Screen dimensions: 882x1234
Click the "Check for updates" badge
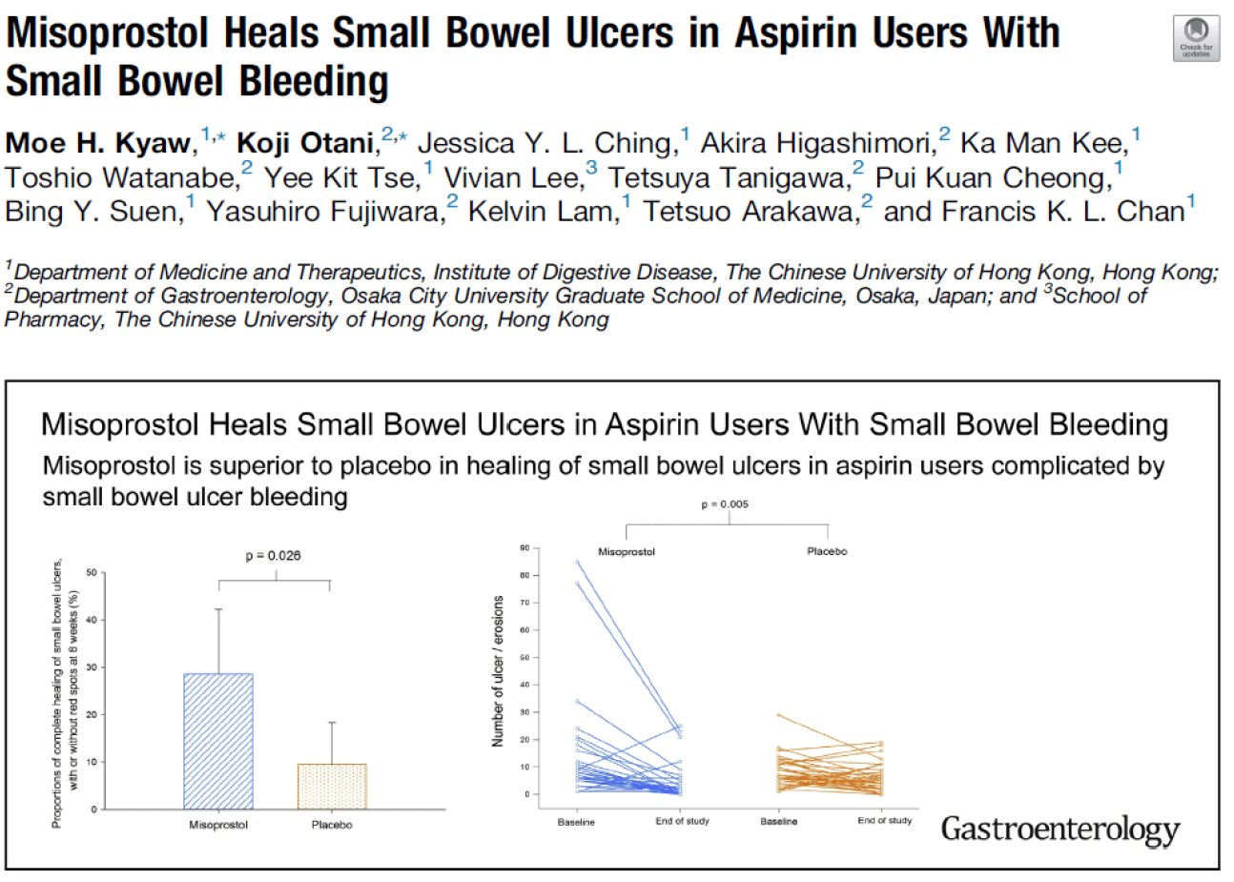coord(1196,39)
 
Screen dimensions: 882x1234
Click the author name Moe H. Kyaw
coord(98,143)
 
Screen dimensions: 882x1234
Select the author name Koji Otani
coord(304,143)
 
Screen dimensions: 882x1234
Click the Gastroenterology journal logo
coord(1059,829)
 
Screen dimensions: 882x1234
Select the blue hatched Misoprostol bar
coord(218,741)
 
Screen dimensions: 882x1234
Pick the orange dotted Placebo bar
coord(332,786)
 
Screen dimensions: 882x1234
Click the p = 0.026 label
coord(273,556)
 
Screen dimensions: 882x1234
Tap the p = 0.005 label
coord(725,504)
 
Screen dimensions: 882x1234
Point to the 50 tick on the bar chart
coord(92,573)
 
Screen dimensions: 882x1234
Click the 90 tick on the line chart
coord(524,548)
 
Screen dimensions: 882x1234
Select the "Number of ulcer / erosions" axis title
coord(497,671)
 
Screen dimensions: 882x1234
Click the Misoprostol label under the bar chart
coord(218,825)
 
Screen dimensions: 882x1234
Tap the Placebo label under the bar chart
coord(332,825)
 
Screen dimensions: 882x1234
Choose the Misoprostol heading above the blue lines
coord(627,552)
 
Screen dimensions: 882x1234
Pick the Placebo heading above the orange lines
coord(827,551)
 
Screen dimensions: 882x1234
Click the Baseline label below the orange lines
coord(778,822)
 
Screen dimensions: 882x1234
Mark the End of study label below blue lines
coord(682,821)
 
